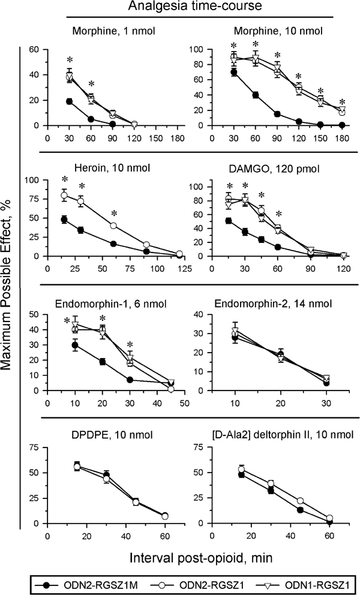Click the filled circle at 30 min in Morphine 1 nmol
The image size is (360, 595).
pos(69,101)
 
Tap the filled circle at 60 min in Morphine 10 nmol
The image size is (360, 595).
pos(255,95)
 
